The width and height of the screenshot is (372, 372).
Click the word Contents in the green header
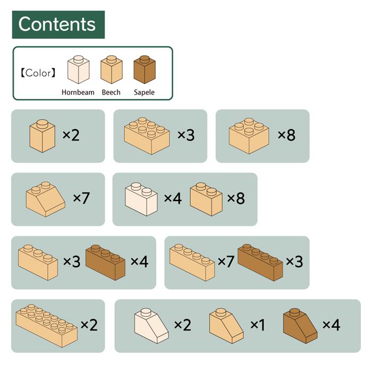point(57,24)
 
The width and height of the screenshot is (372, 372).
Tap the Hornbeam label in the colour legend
point(78,92)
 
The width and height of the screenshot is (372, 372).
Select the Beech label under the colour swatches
point(111,92)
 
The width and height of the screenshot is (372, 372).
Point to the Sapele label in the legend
point(144,92)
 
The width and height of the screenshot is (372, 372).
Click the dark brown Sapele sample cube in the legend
point(145,70)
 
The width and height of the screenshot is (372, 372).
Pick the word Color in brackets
point(38,73)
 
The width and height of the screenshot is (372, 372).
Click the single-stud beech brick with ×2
point(43,136)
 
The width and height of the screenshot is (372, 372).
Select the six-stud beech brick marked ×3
point(147,136)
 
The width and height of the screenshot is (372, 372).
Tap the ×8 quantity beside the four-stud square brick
point(286,135)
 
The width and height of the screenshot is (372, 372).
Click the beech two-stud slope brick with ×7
point(45,199)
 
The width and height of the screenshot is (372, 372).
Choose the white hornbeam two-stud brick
point(141,199)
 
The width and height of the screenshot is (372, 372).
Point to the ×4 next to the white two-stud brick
point(173,198)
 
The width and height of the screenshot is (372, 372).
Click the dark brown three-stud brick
point(105,263)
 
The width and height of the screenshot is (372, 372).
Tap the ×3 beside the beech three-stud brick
point(72,261)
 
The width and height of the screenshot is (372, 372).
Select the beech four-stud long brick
point(192,263)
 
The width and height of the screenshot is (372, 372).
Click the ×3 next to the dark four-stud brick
point(294,261)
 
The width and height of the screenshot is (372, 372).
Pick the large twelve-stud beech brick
point(47,326)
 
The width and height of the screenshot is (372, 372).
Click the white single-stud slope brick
point(151,326)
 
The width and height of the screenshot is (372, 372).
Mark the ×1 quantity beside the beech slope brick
point(258,325)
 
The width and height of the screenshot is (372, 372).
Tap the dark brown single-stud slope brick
point(300,326)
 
